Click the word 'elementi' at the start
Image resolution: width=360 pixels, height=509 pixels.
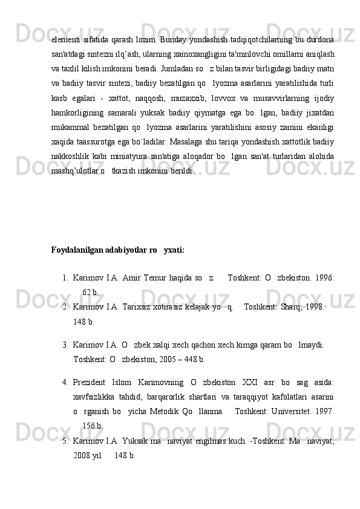coord(67,40)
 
